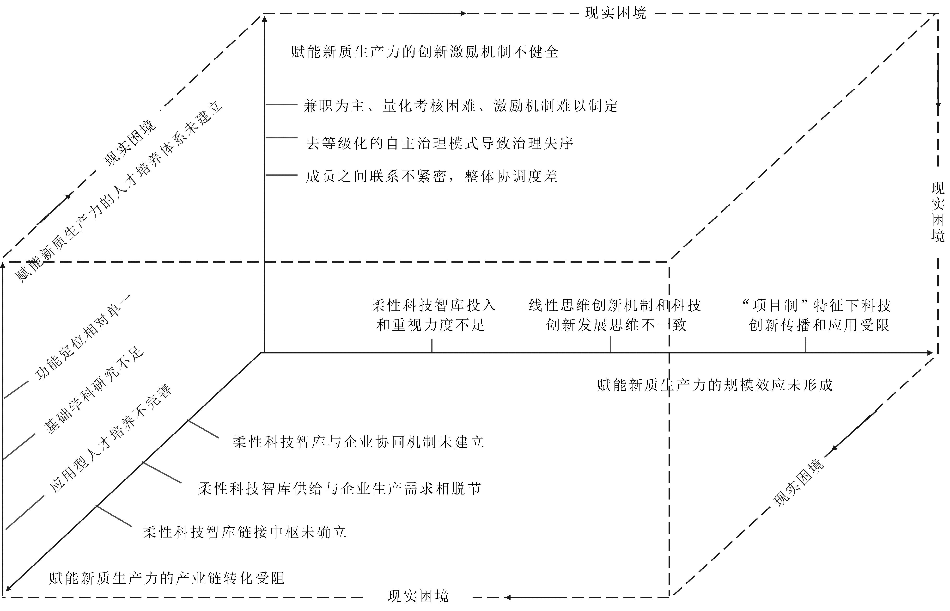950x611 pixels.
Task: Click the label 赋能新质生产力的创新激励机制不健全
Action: coord(425,52)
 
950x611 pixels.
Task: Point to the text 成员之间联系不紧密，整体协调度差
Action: coord(432,176)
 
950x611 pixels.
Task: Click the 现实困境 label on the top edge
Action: coord(616,13)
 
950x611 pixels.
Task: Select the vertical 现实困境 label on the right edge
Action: coord(938,212)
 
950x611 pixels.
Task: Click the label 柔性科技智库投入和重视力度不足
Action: coord(433,315)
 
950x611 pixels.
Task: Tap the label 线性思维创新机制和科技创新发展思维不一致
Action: coord(615,315)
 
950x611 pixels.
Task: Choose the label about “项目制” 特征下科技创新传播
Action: coord(817,315)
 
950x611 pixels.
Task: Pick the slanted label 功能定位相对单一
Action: coord(82,338)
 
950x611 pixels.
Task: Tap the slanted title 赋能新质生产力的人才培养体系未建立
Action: coord(119,193)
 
